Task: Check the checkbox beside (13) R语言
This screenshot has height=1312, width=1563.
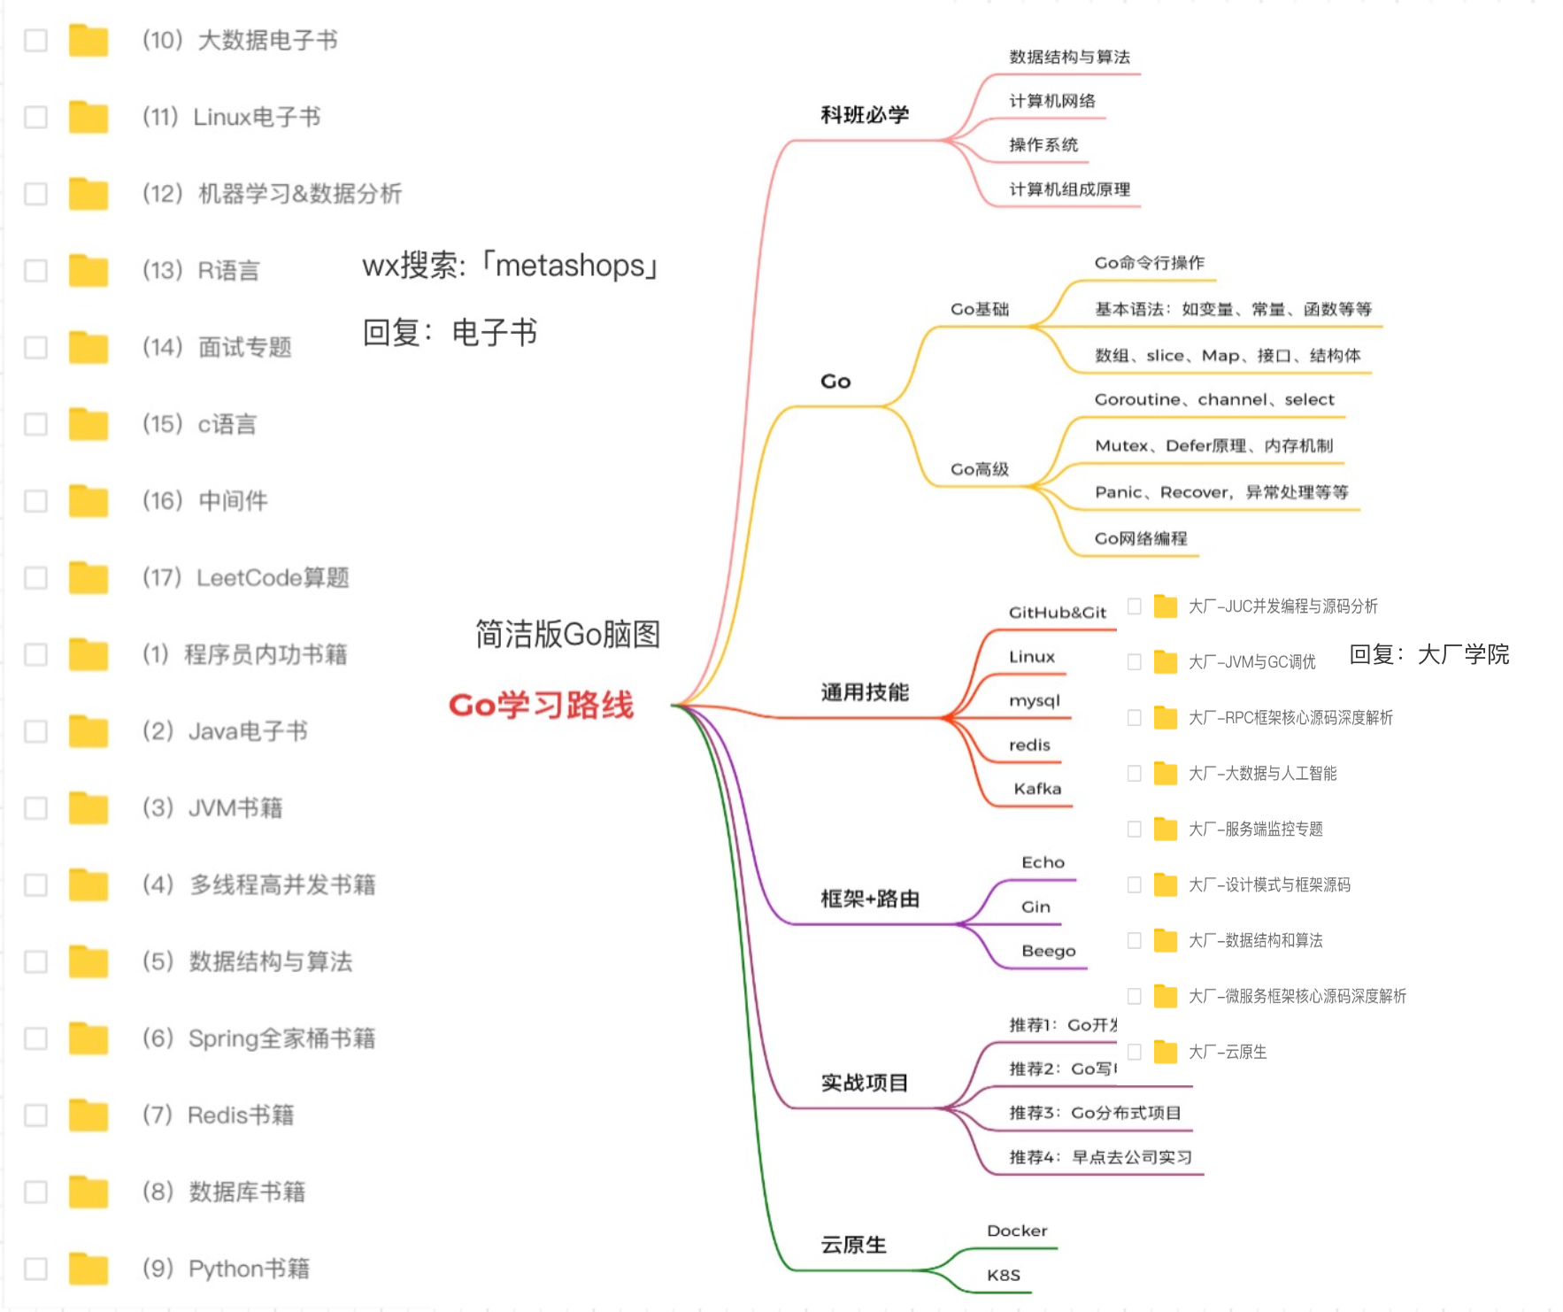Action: point(35,270)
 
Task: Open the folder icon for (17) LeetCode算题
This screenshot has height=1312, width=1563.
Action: point(89,577)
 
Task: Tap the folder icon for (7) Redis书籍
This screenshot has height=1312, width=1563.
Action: point(89,1115)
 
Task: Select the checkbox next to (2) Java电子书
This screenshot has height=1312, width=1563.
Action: point(35,731)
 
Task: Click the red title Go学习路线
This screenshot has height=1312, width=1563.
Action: point(541,706)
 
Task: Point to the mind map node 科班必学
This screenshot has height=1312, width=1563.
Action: point(864,115)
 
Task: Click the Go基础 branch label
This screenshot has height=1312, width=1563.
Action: point(979,309)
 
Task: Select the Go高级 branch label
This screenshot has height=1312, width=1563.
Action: point(979,469)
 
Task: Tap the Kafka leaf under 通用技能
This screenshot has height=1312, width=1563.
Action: point(1037,789)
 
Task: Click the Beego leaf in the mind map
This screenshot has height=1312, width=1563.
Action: point(1048,951)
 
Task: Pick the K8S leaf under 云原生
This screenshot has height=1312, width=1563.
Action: point(1003,1275)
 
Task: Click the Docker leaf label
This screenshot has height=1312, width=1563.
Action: point(1017,1231)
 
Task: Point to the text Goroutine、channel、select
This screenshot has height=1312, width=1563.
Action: point(1213,400)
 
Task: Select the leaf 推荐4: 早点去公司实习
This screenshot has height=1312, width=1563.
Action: point(1100,1157)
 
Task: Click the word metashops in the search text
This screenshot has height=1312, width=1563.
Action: point(570,266)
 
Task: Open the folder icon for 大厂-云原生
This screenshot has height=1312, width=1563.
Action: point(1166,1052)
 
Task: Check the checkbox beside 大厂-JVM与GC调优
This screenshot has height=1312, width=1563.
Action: point(1134,662)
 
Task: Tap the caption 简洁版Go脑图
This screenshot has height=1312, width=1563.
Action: point(567,634)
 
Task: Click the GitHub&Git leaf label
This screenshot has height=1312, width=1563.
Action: point(1057,613)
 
